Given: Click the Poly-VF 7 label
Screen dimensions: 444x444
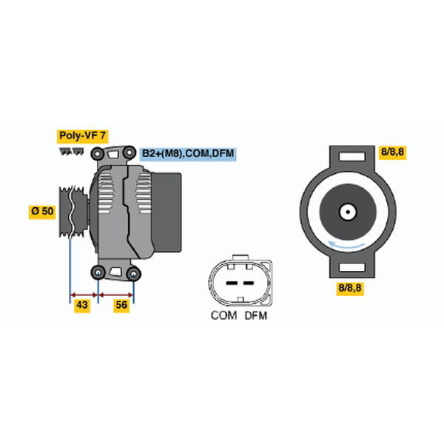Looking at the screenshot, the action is pos(82,136).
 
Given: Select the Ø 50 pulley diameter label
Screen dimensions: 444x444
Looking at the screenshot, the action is pos(42,211).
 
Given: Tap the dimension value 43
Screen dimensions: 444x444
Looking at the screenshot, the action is pos(82,305).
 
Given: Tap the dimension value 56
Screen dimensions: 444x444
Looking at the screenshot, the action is pos(121,305).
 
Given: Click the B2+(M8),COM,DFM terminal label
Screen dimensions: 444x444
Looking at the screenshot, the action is pos(188,154).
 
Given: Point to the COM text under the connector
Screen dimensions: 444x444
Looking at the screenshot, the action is pos(223,315).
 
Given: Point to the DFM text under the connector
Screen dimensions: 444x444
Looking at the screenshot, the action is pos(256,315).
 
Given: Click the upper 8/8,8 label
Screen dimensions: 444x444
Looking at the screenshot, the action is pos(392,152).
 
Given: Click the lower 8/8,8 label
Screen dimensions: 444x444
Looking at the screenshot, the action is pos(350,289).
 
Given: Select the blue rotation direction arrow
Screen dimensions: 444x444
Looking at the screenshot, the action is pos(346,246).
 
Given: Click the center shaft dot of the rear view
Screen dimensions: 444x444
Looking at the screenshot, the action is pos(348,212).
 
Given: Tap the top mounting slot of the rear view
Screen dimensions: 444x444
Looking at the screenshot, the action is pos(352,156).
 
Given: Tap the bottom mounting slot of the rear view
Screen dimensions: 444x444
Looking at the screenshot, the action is pos(352,267).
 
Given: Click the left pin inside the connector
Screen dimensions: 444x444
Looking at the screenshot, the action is pos(232,283).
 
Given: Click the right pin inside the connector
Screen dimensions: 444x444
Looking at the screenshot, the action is pos(249,283).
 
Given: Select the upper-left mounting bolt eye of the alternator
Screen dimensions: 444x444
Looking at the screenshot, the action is pos(98,154).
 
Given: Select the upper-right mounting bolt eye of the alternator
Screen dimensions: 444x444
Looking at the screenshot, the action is pos(129,153).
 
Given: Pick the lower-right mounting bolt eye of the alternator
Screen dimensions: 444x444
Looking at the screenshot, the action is pos(134,274).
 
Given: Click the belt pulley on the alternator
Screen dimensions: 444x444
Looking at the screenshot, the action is pos(73,212).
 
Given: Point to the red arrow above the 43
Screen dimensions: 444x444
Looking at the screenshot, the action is pos(84,295).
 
